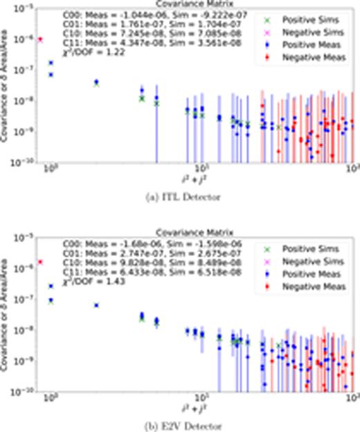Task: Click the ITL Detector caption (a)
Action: click(189, 197)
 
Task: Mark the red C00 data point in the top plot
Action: click(40, 39)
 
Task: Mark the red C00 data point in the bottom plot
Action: click(40, 262)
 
